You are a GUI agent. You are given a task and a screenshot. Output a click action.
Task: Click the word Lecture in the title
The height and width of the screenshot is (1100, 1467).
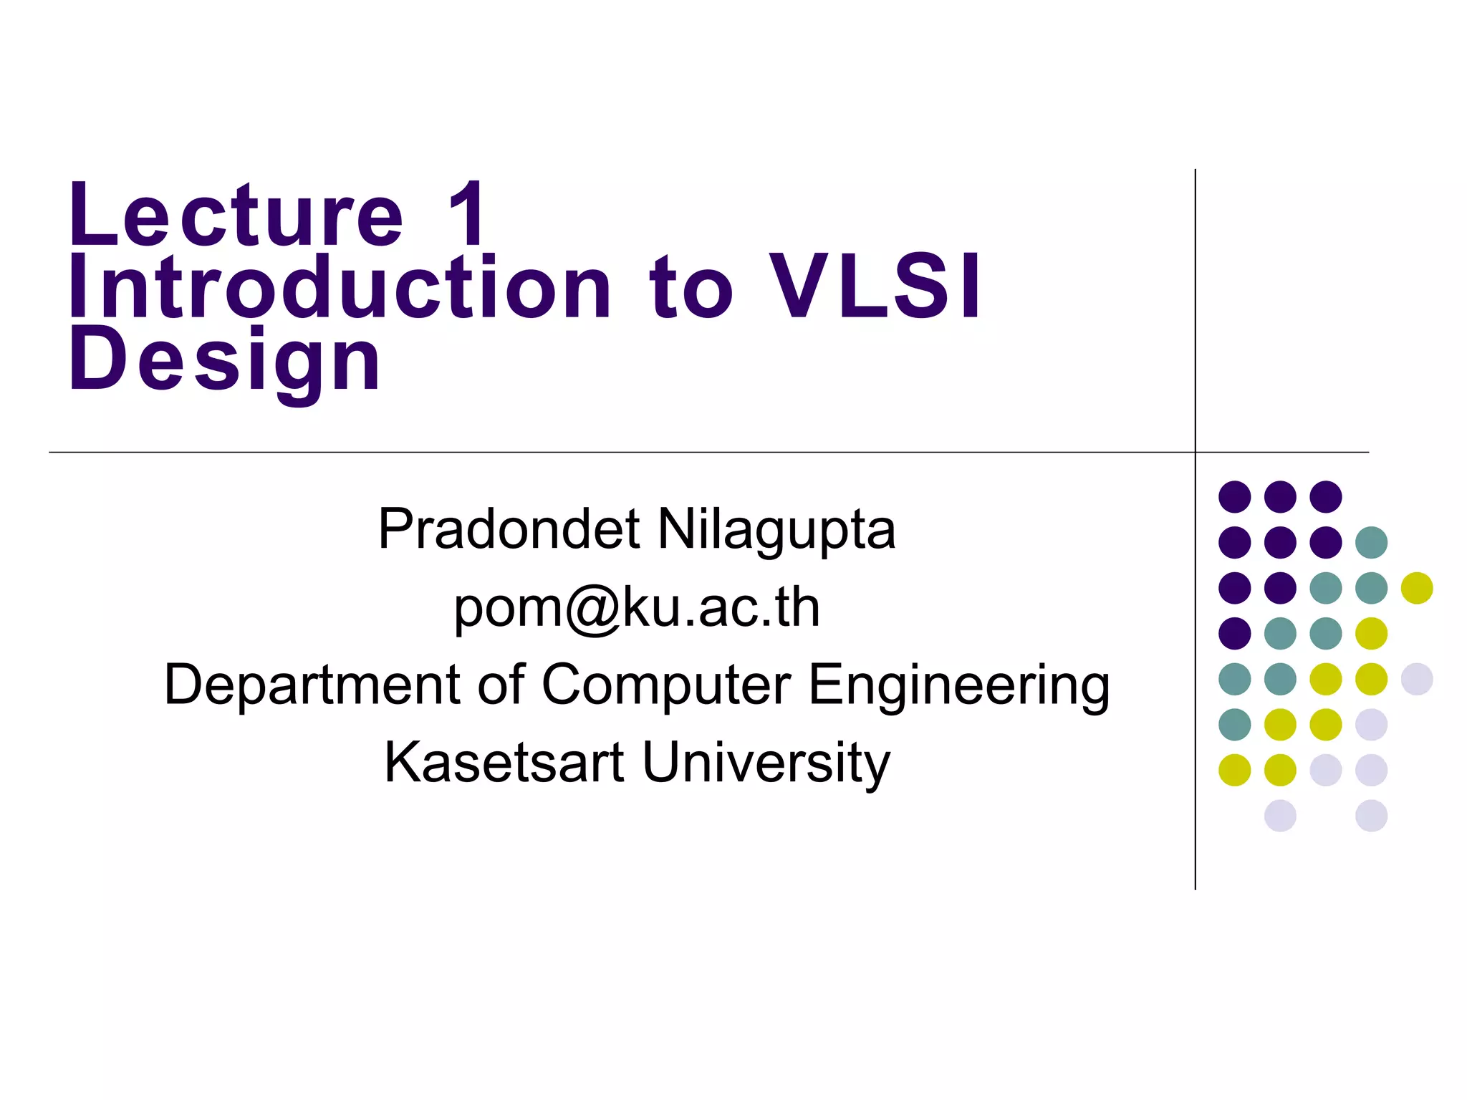(236, 215)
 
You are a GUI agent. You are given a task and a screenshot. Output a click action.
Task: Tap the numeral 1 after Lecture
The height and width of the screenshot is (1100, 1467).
(467, 215)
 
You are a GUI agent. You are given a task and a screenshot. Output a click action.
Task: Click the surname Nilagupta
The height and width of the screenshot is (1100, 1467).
(776, 530)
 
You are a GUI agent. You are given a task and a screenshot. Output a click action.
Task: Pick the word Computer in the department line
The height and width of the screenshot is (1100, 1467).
(666, 685)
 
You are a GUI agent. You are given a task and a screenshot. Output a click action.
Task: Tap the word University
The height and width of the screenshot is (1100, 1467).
(766, 763)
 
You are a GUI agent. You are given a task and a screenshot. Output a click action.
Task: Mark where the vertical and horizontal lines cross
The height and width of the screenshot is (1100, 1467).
(1196, 453)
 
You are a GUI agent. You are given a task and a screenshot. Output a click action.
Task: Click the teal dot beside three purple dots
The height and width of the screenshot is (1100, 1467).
(1371, 542)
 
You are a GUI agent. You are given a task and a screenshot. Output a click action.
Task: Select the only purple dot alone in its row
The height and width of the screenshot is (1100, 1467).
(1234, 633)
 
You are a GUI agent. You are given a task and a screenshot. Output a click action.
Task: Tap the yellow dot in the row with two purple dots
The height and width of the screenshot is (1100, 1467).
(1416, 588)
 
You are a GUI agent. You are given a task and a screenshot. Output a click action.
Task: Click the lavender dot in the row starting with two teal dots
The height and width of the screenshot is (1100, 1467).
(1416, 679)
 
